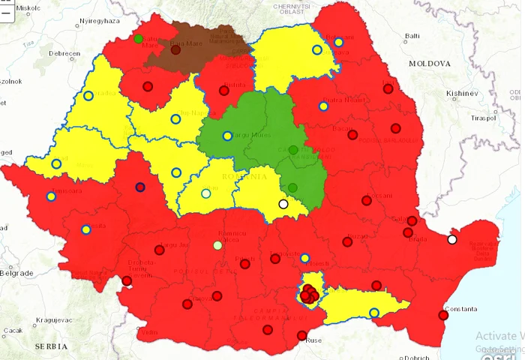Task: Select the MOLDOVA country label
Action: (x=430, y=64)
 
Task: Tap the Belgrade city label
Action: (x=15, y=273)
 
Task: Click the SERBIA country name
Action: (x=51, y=346)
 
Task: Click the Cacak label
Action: (x=13, y=330)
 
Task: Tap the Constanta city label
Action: (x=460, y=309)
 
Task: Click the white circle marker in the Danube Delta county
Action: (x=452, y=239)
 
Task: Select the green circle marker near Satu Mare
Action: (x=139, y=39)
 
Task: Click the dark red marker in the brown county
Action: (x=175, y=50)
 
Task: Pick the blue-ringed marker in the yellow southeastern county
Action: (x=374, y=313)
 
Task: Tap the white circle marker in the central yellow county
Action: (x=283, y=204)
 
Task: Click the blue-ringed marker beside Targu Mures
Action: (x=227, y=136)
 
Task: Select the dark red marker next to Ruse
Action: (x=301, y=335)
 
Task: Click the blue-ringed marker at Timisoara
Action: (x=51, y=196)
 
